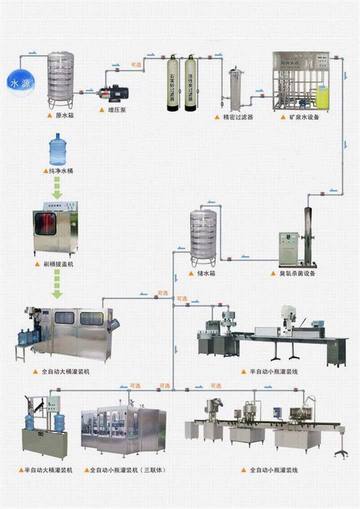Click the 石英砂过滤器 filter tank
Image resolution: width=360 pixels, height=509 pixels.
coord(172,83)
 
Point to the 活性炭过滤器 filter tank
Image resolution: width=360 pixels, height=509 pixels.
coord(190,83)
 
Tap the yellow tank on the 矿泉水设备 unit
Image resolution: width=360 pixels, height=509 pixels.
coord(322,97)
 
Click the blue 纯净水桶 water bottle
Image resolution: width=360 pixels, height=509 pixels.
coord(57,149)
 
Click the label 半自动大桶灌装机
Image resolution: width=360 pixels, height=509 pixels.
coord(48,470)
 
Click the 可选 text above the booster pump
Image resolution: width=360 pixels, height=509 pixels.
coord(136,64)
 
